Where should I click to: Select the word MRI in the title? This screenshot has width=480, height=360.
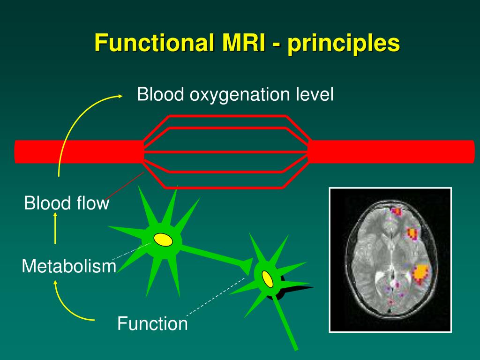coord(239,44)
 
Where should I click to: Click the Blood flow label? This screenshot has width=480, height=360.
coord(67,203)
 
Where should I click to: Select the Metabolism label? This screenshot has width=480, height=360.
coord(69,266)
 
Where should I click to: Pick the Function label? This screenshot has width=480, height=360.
coord(152,323)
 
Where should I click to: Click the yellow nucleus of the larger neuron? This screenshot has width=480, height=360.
coord(163,240)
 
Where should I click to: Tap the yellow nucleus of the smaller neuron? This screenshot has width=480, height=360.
coord(267,278)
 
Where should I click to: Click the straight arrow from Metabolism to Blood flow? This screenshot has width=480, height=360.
coord(55,228)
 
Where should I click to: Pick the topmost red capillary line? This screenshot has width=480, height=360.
coord(227,116)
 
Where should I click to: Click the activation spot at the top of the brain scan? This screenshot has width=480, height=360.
coord(396,211)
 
